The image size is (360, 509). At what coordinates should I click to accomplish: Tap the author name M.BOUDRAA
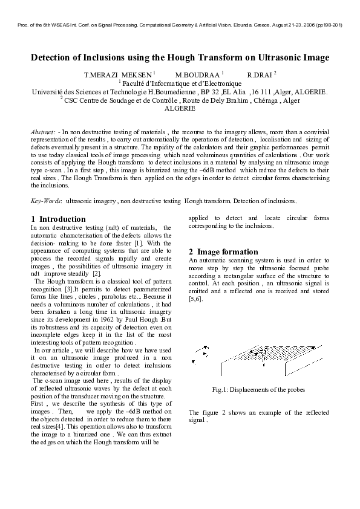tap(194, 74)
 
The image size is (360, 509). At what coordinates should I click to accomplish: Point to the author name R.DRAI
tap(260, 74)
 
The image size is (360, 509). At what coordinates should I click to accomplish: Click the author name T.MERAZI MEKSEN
tap(117, 74)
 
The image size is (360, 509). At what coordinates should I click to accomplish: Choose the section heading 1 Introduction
tap(58, 219)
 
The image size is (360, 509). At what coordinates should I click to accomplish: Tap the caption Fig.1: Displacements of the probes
tap(259, 389)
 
